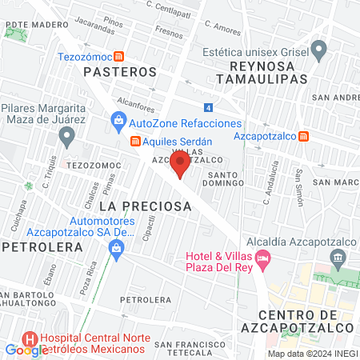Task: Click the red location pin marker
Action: point(180,165)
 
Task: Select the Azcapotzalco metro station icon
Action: point(303,135)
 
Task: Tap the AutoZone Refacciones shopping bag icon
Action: point(119,123)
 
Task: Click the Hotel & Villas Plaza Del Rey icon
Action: point(265,259)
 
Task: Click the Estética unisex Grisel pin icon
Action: point(319,50)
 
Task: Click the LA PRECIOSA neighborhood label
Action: point(146,206)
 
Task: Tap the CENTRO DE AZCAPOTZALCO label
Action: point(306,320)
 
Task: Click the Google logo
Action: point(26,350)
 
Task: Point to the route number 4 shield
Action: point(208,107)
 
